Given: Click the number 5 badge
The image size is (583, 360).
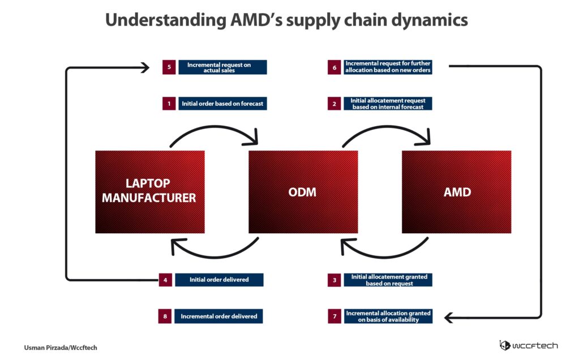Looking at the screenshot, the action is pos(169,67).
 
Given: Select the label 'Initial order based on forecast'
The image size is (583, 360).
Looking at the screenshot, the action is pos(222,104).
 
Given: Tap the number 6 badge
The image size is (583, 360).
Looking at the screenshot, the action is pos(335,67).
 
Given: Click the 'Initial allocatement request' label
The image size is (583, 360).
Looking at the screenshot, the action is pos(388,104).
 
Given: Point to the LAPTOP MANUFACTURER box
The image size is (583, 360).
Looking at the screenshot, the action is pos(150,192).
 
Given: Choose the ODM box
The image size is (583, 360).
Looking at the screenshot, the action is pos(303,192).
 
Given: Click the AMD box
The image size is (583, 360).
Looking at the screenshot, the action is pos(457,192).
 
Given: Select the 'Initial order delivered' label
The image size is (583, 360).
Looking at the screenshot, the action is pos(219,280).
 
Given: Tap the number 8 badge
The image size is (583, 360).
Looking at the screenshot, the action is pos(165,316).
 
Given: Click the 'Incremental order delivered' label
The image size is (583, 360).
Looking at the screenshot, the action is pos(218,316).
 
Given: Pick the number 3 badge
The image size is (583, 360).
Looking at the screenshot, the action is pos(335,280).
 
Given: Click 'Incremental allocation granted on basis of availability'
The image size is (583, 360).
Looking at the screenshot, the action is pos(388,316).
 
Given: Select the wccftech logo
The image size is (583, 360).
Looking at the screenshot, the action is pos(528,345).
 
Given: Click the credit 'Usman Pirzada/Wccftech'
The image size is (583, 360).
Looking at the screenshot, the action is pos(61,348).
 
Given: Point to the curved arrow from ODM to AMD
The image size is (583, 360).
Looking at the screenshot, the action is pos(387,127).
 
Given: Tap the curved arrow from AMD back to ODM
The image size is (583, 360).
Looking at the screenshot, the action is pos(385,256).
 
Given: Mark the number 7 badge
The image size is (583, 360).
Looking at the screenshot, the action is pos(335,316).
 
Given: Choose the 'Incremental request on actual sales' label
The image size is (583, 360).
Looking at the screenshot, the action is pos(222,67).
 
